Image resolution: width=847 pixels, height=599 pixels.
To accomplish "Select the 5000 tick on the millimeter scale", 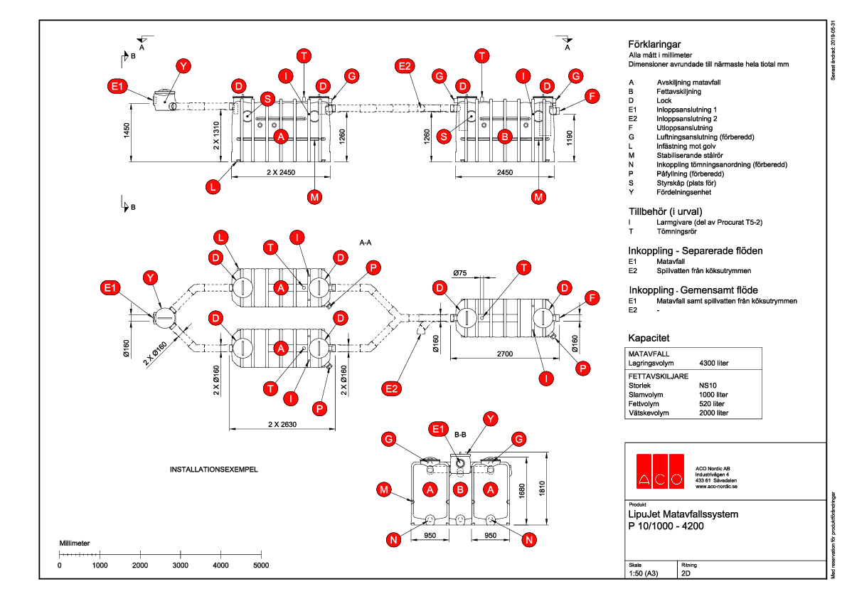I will pyautogui.click(x=261, y=565).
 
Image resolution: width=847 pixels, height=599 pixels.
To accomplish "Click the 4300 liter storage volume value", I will pyautogui.click(x=714, y=363).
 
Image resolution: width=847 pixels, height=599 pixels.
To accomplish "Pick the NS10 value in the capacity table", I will pyautogui.click(x=708, y=385).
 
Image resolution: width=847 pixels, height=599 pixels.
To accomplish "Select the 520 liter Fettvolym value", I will pyautogui.click(x=712, y=403).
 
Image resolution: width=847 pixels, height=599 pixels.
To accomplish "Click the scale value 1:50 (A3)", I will pyautogui.click(x=644, y=572).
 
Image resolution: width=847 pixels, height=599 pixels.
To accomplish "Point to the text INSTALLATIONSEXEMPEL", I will pyautogui.click(x=212, y=470).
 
